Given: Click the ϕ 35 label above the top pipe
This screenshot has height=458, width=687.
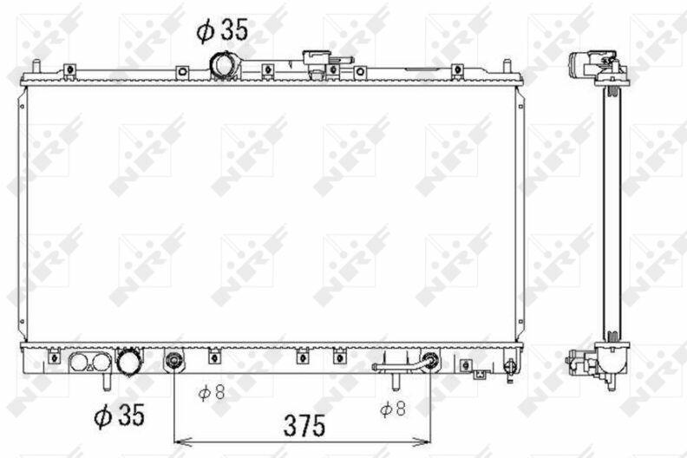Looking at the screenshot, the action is point(222,30).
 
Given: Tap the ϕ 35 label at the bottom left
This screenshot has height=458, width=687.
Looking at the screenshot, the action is point(119,415).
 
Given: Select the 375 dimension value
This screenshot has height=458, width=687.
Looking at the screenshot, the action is point(304,426).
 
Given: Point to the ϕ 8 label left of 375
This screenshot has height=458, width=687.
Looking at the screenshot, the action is point(212,392).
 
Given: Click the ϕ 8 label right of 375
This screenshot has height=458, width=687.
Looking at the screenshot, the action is point(393,409).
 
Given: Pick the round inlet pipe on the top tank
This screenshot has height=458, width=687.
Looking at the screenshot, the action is point(225,66).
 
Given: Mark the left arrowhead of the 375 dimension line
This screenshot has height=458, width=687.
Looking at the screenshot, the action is point(180,441).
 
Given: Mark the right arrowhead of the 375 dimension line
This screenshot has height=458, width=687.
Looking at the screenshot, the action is point(423,441).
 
